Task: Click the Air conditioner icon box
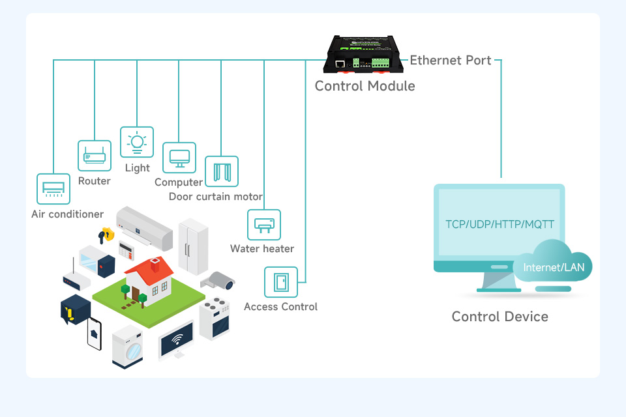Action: point(53,189)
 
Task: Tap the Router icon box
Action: point(95,156)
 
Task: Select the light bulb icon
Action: point(137,143)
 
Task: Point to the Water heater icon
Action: point(264,225)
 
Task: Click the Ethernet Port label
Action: point(450,61)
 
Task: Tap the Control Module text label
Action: point(365,86)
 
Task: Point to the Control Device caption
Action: point(499,317)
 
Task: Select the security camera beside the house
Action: point(219,281)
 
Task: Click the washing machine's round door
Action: point(133,352)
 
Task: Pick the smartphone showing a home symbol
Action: point(95,334)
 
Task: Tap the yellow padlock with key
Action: point(105,234)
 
